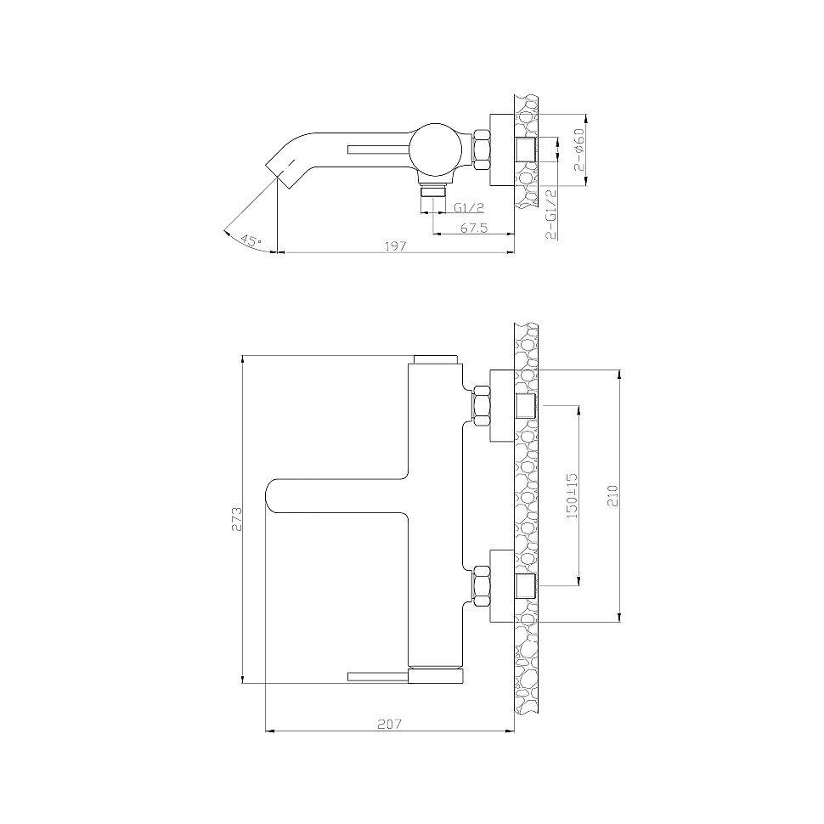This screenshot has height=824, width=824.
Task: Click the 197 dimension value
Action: [x=396, y=246]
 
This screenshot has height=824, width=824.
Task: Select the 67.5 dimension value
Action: [x=475, y=228]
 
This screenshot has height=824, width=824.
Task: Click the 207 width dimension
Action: [x=389, y=724]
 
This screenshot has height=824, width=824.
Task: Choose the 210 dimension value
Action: [x=613, y=495]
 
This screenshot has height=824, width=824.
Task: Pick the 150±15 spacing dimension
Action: [x=573, y=495]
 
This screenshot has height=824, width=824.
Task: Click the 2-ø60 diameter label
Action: [x=579, y=150]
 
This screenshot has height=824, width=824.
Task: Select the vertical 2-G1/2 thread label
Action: [x=551, y=214]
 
